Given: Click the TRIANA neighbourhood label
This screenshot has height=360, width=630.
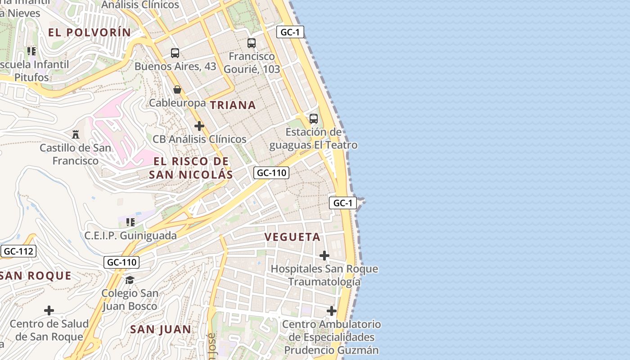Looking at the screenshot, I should pyautogui.click(x=233, y=105).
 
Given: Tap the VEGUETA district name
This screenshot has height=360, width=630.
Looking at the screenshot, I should pyautogui.click(x=292, y=237).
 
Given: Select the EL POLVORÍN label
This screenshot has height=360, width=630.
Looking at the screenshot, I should pyautogui.click(x=90, y=32).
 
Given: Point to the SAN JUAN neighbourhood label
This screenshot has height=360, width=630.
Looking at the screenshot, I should pyautogui.click(x=161, y=329).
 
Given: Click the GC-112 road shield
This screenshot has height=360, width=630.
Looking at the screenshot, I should pyautogui.click(x=18, y=251).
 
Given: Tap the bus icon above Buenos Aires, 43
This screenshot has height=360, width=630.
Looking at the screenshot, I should pyautogui.click(x=175, y=53).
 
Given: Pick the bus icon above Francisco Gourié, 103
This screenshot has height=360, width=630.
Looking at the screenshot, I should pyautogui.click(x=252, y=43).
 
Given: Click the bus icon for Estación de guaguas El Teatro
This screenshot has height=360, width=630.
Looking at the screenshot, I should pyautogui.click(x=314, y=119).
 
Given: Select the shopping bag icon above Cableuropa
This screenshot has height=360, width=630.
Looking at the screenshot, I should pyautogui.click(x=177, y=90).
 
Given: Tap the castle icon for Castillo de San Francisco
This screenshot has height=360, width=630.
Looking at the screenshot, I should pyautogui.click(x=76, y=134).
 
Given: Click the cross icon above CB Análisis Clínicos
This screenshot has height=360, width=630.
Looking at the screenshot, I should pyautogui.click(x=199, y=126).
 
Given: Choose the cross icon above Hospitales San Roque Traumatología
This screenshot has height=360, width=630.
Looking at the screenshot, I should pyautogui.click(x=324, y=256).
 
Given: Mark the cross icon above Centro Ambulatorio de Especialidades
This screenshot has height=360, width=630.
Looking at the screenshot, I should pyautogui.click(x=332, y=311).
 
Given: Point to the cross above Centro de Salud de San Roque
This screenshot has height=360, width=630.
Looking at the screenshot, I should pyautogui.click(x=49, y=310).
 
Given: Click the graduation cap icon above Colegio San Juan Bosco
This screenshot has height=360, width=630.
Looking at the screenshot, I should pyautogui.click(x=130, y=280).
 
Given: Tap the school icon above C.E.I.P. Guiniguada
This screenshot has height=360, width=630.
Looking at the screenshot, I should pyautogui.click(x=130, y=222).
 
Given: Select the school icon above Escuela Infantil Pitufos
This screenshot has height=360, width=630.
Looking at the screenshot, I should pyautogui.click(x=31, y=51).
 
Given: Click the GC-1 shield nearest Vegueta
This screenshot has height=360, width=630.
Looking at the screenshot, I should pyautogui.click(x=343, y=203).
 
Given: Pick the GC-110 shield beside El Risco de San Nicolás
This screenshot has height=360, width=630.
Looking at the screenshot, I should pyautogui.click(x=271, y=172).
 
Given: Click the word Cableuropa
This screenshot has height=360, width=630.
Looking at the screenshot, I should pyautogui.click(x=177, y=103).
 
